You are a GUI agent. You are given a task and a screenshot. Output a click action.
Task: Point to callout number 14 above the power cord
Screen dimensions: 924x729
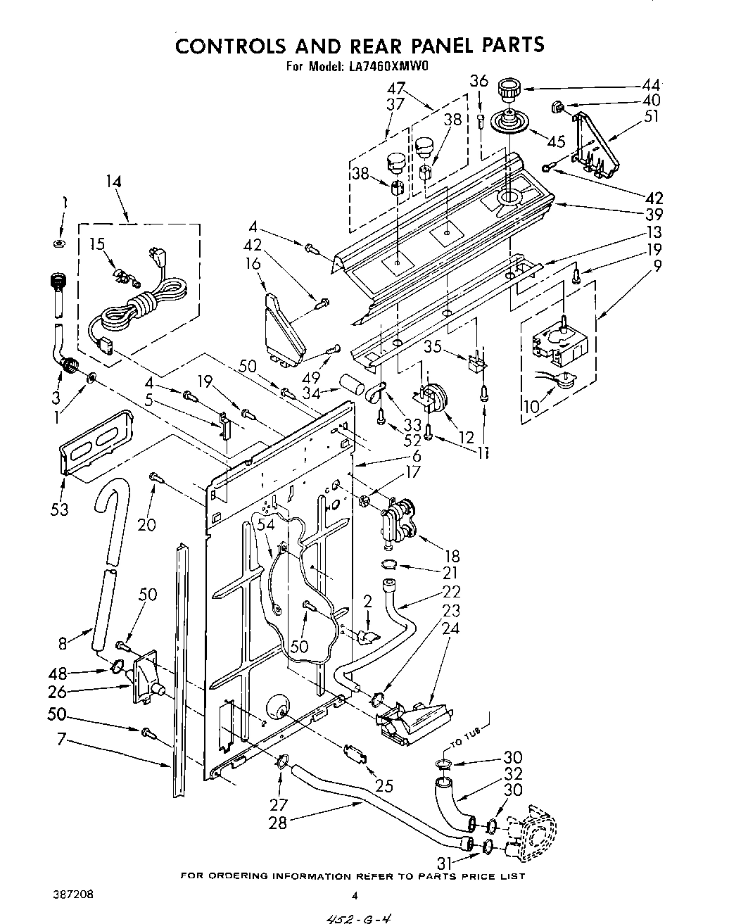tap(113, 182)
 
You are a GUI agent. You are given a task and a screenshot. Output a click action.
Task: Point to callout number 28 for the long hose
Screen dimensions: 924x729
tap(278, 822)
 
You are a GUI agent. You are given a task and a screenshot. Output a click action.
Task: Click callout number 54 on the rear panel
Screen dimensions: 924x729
tap(265, 524)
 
